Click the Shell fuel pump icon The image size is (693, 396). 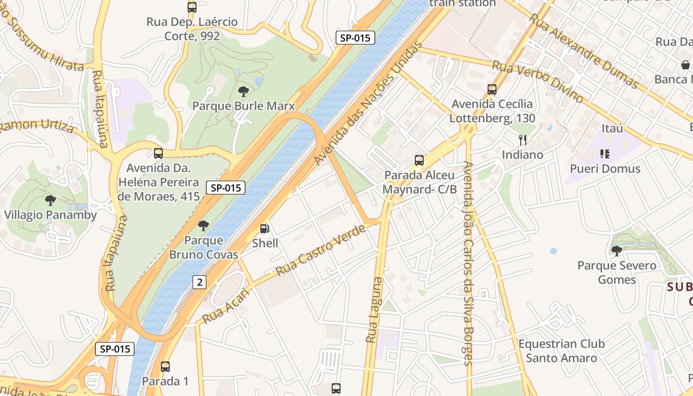(x=265, y=229)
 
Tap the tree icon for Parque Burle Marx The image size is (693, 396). (x=243, y=92)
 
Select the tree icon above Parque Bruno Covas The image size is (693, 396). (x=203, y=226)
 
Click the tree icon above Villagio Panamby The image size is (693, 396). (x=50, y=200)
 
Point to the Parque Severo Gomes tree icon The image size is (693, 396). (x=616, y=251)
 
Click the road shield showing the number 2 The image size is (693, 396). (x=199, y=282)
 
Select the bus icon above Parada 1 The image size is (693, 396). (x=165, y=367)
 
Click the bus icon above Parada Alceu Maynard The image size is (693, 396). (x=419, y=160)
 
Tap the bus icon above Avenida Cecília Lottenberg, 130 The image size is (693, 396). (x=492, y=90)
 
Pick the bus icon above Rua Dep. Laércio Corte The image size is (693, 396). (x=192, y=7)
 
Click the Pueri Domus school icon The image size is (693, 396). (x=604, y=154)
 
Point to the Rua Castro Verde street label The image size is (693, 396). (x=320, y=250)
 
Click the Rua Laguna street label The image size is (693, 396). (x=374, y=309)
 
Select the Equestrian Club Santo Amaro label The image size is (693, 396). (x=561, y=350)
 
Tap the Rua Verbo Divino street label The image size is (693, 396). (x=538, y=82)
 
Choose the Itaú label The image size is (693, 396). (x=612, y=129)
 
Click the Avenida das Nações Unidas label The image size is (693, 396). (x=368, y=103)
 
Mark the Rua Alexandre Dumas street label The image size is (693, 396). (x=584, y=51)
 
